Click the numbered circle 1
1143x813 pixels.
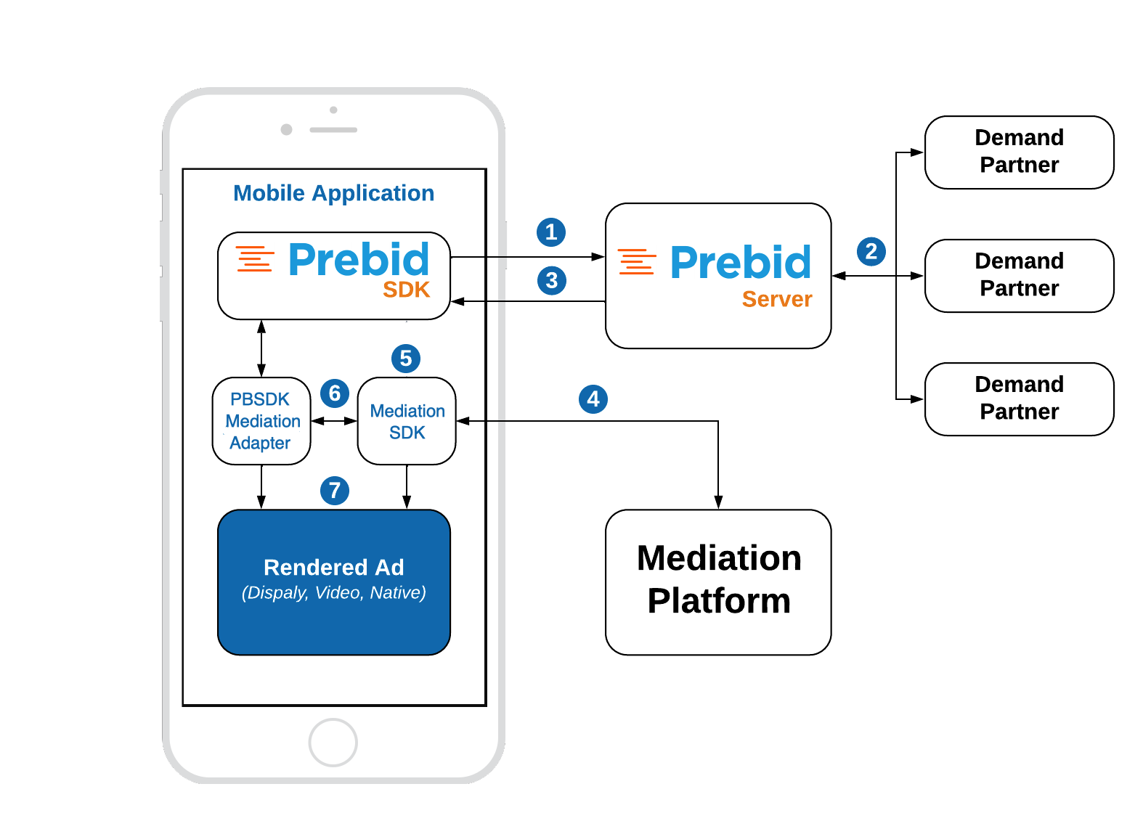point(551,232)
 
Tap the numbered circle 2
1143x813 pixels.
point(871,251)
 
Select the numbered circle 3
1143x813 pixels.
point(552,280)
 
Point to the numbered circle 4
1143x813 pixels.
point(593,399)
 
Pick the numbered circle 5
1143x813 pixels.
point(406,359)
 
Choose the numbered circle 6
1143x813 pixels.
point(335,393)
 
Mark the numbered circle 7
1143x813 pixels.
point(335,491)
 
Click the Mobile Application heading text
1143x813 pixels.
point(333,193)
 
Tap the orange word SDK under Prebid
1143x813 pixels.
point(406,290)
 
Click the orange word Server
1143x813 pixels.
point(776,299)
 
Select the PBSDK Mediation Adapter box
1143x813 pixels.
point(261,421)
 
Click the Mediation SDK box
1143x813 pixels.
point(407,421)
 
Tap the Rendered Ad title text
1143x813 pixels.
point(333,567)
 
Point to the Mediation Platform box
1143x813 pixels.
point(718,581)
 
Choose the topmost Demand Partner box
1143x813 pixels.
point(1019,152)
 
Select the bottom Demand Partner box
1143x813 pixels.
point(1019,399)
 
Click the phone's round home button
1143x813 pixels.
point(333,743)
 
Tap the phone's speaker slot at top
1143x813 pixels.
point(333,130)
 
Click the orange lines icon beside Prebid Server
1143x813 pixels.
point(637,261)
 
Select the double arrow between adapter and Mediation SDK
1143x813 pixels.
point(334,421)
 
